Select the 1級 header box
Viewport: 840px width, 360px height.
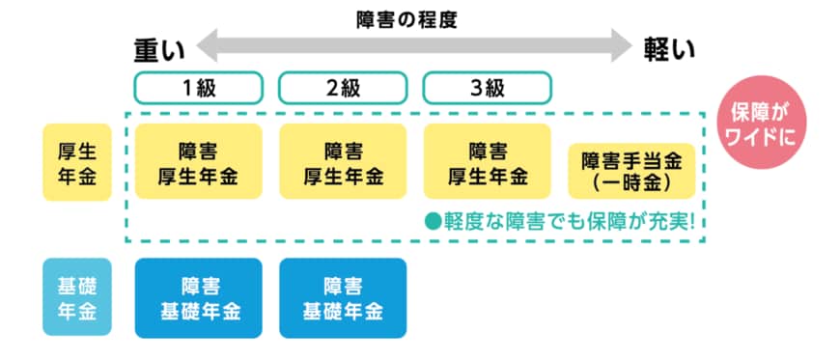click(x=198, y=88)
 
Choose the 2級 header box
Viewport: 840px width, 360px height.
click(x=343, y=88)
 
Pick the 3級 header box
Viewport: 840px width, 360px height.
click(x=487, y=88)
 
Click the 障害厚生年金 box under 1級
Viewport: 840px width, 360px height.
click(x=198, y=161)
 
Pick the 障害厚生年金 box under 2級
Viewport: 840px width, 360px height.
click(x=343, y=161)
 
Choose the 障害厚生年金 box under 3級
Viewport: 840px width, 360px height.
click(x=487, y=161)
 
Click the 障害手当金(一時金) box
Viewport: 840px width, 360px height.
click(x=632, y=170)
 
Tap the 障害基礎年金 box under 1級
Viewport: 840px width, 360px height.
click(x=198, y=297)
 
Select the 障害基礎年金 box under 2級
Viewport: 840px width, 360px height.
click(x=343, y=297)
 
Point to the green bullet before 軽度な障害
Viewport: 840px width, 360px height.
click(x=434, y=220)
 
